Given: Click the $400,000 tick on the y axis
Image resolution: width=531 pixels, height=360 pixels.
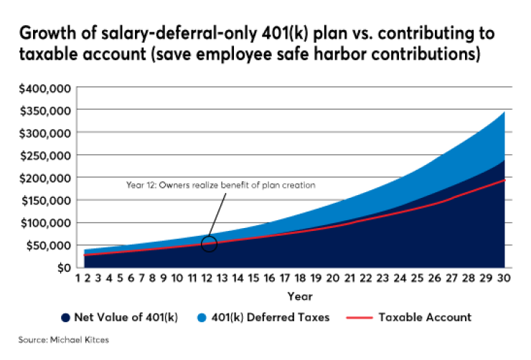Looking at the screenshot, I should (44, 87).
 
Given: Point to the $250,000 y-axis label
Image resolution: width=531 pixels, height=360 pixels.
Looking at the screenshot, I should (44, 155).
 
